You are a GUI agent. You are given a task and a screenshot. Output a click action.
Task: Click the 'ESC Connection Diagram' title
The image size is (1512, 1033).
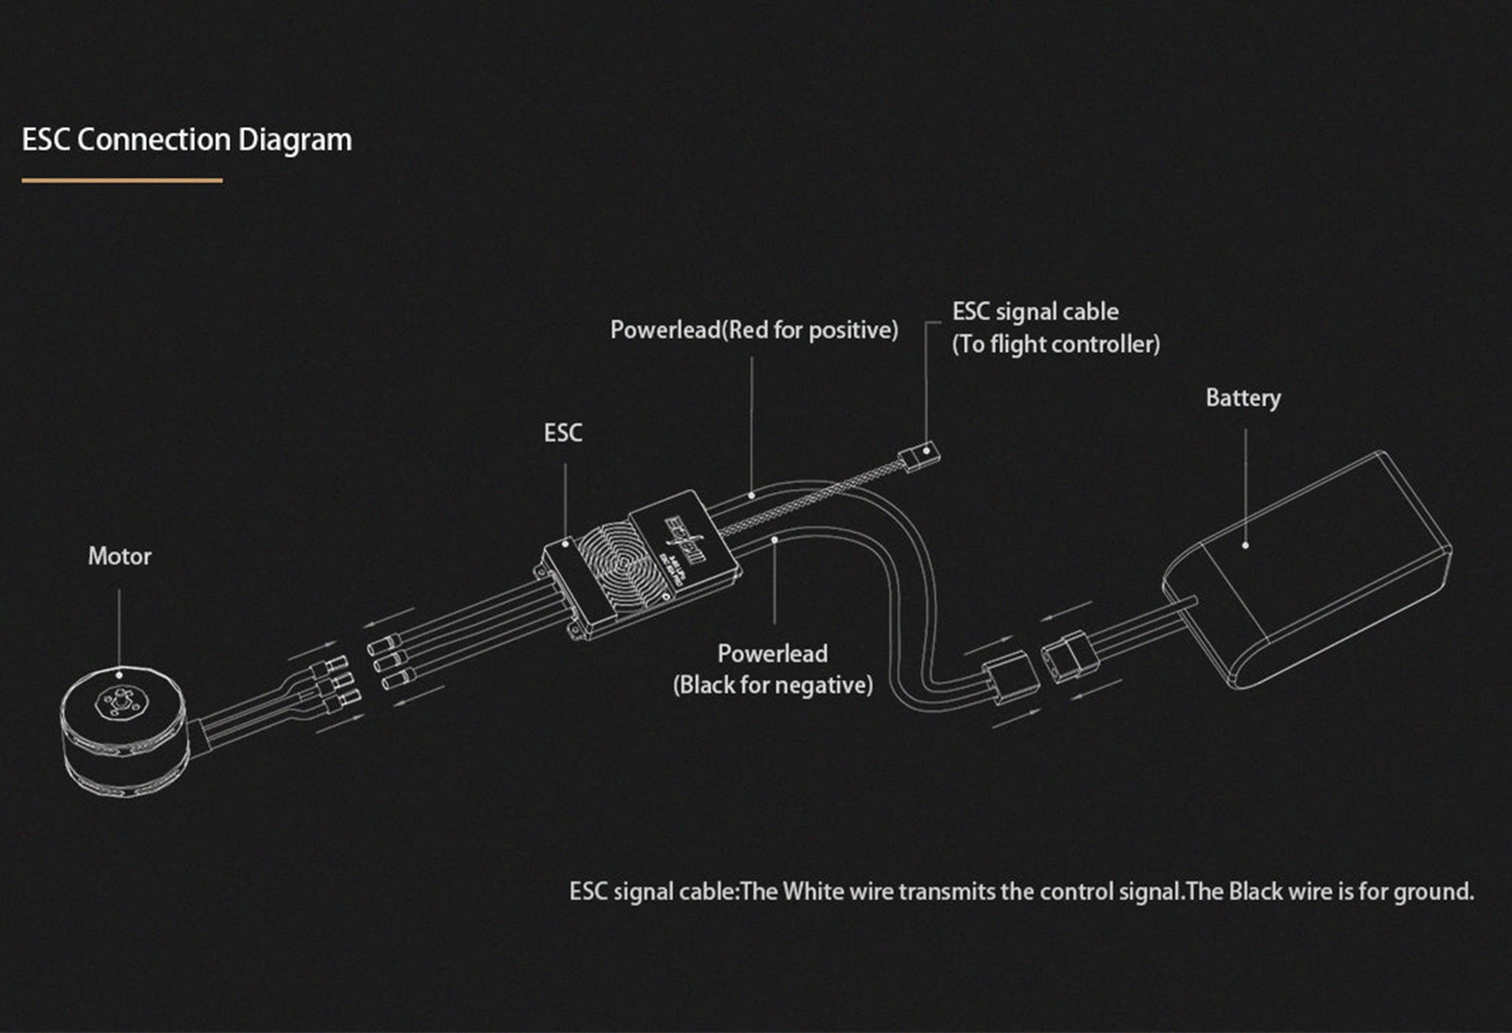[x=187, y=140]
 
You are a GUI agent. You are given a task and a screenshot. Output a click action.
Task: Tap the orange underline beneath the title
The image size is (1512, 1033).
[x=122, y=180]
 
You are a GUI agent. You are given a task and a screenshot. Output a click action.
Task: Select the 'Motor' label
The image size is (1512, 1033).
[x=120, y=557]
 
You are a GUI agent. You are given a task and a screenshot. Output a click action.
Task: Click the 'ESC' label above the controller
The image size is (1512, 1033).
[x=563, y=433]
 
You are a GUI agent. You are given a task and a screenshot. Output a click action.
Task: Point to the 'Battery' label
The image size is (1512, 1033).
[x=1243, y=398]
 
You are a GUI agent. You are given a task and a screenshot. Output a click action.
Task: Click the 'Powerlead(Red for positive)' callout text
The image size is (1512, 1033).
[x=754, y=330]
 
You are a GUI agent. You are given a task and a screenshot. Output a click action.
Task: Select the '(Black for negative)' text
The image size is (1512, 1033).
[x=773, y=685]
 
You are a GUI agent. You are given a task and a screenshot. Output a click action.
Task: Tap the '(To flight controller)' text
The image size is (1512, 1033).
[x=1056, y=344]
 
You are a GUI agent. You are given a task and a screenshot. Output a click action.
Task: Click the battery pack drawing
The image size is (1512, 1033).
[x=1308, y=572]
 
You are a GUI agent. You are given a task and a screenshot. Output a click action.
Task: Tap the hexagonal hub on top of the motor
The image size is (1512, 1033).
[x=119, y=701]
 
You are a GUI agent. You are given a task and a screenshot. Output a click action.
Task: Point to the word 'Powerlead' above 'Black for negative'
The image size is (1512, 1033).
[x=772, y=653]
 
